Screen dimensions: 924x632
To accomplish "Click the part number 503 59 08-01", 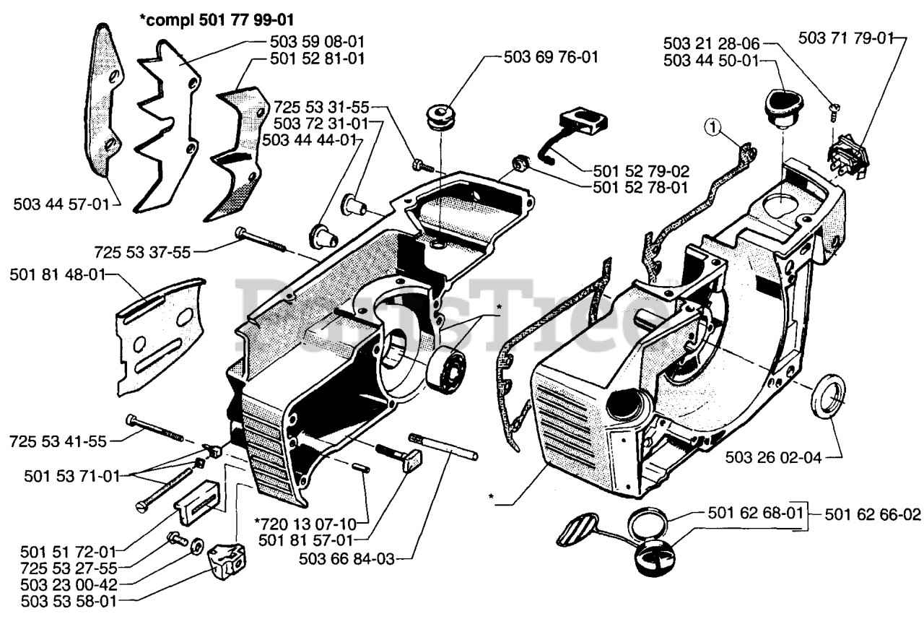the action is [317, 42].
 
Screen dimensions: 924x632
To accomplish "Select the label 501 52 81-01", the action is [317, 59].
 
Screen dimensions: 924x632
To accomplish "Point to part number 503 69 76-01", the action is [551, 57].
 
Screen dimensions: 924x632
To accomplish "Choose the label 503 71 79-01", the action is [845, 38].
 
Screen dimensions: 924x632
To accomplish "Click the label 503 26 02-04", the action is [774, 457].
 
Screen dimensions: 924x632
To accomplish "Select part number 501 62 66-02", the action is [873, 514].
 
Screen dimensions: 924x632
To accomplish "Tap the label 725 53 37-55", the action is [143, 252].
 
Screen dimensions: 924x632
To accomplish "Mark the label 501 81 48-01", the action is [58, 275].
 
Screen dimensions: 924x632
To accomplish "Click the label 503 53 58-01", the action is [69, 602].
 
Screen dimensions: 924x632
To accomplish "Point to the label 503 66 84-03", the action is [347, 559].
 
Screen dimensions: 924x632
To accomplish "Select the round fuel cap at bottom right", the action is [654, 558].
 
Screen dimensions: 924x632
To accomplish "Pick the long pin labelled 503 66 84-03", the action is [443, 446].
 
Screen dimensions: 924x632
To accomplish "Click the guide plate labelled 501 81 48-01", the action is [161, 337].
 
